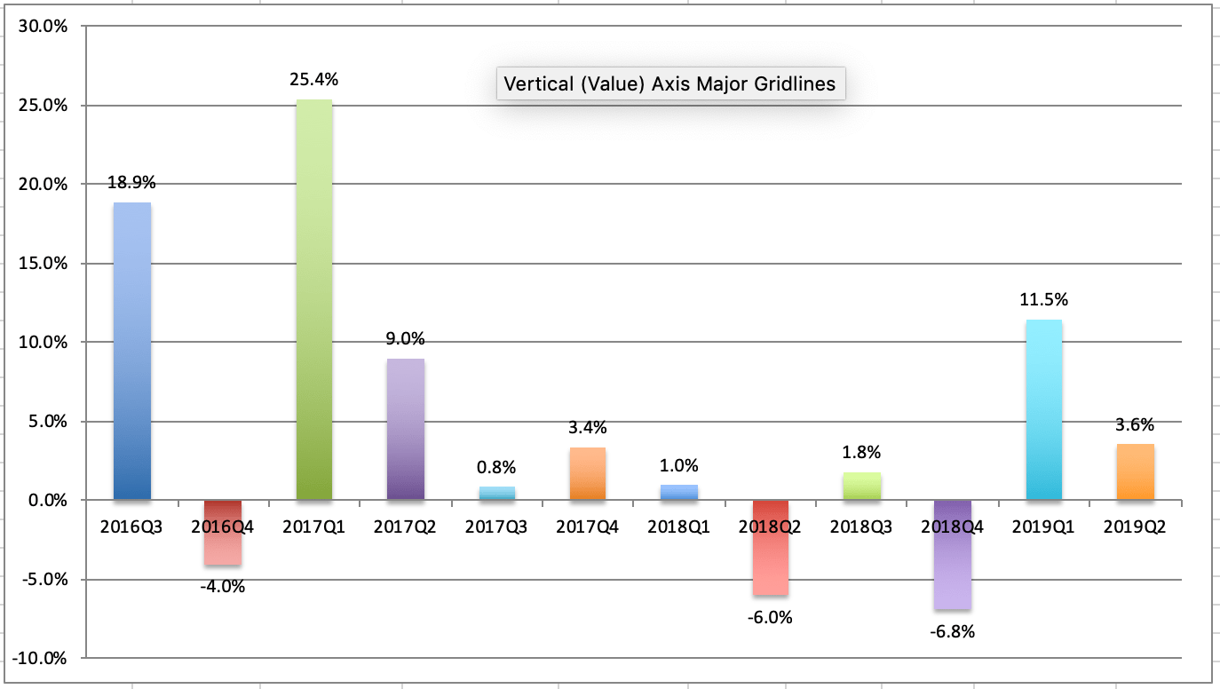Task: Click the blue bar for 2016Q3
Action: pyautogui.click(x=132, y=351)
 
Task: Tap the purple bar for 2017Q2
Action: pyautogui.click(x=405, y=429)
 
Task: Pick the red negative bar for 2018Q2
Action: pyautogui.click(x=770, y=547)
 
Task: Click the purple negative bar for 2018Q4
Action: pyautogui.click(x=952, y=554)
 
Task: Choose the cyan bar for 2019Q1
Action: pyautogui.click(x=1043, y=409)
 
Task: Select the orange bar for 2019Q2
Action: pyautogui.click(x=1135, y=471)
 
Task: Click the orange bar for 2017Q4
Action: pyautogui.click(x=587, y=473)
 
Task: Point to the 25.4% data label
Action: pyautogui.click(x=313, y=80)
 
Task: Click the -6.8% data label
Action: pyautogui.click(x=953, y=632)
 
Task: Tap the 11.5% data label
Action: pyautogui.click(x=1043, y=300)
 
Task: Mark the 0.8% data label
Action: pyautogui.click(x=495, y=467)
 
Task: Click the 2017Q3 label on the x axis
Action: pyautogui.click(x=495, y=527)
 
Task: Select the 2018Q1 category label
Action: pyautogui.click(x=678, y=527)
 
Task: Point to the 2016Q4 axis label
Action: pyautogui.click(x=223, y=527)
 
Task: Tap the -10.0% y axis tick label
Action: pyautogui.click(x=42, y=658)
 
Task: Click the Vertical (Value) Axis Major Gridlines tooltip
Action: pyautogui.click(x=669, y=84)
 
